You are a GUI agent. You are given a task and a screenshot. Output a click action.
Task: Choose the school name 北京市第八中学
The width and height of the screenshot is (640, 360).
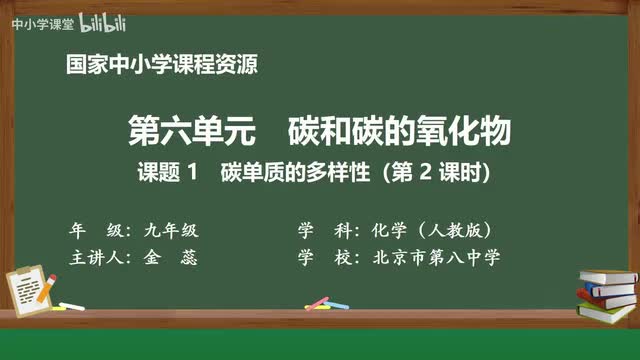click(x=441, y=256)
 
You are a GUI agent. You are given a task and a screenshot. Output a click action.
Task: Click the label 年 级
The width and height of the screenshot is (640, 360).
click(x=94, y=227)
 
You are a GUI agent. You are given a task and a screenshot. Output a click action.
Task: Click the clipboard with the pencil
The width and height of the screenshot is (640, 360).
click(x=34, y=283)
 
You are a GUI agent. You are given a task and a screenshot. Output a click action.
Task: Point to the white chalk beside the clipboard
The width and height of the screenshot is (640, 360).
click(x=72, y=304)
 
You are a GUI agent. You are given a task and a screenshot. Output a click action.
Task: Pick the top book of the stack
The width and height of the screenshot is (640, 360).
click(x=602, y=276)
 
